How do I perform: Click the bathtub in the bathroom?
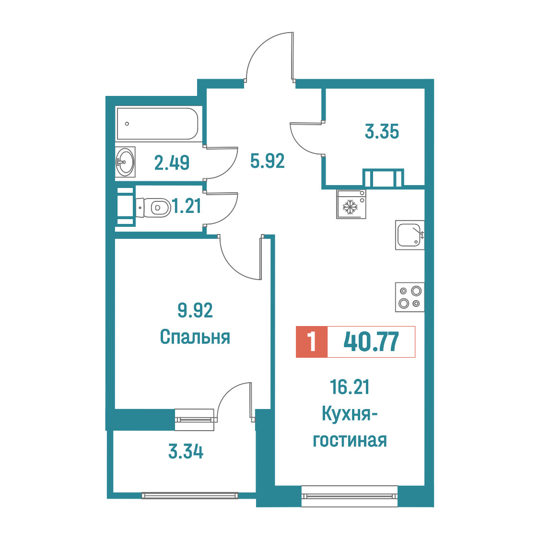coord(157,124)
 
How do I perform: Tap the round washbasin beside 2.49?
coord(125,162)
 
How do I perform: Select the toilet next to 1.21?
coord(153,208)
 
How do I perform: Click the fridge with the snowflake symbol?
coord(351,204)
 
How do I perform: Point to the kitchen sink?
coord(410,235)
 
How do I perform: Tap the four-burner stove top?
coord(410,297)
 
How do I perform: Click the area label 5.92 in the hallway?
coord(268,161)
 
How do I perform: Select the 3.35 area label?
coord(382,132)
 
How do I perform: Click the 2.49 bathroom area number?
coord(172,163)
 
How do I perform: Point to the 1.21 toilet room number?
coord(187,207)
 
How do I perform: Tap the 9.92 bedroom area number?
coord(195,310)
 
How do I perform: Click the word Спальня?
coord(195,337)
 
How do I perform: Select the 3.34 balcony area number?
coord(186,452)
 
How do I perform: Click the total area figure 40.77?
coord(371,342)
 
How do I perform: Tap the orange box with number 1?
coord(312,342)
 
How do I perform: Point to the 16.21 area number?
coord(350,387)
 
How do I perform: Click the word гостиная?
coord(350,440)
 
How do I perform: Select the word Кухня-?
coord(350,413)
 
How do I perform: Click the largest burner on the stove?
coord(416,291)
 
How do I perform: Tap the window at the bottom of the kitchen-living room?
coord(350,496)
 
